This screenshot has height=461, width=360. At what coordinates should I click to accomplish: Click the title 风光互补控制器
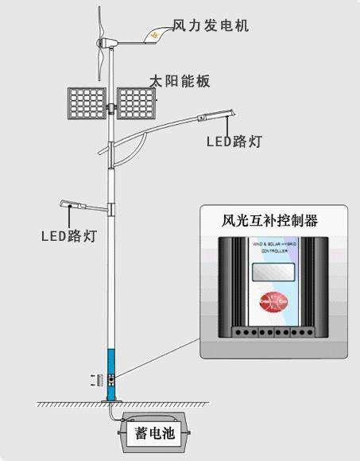[269, 220]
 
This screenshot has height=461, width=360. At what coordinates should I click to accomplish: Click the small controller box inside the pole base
[112, 377]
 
